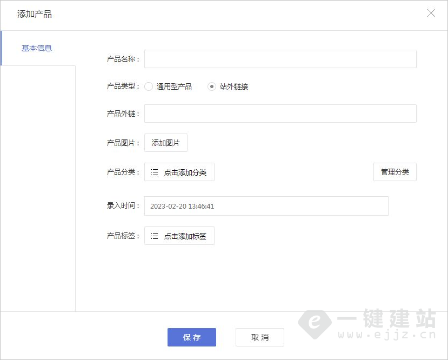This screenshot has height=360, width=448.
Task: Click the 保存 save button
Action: pos(191,337)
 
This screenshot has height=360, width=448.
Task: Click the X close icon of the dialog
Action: pos(431,14)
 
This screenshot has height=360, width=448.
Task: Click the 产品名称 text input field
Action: pos(280,59)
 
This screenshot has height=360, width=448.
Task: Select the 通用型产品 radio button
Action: pos(149,86)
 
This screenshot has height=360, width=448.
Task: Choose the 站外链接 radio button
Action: pos(212,86)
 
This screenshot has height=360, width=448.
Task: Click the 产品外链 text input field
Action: pos(280,114)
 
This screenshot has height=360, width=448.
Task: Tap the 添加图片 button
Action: pos(165,143)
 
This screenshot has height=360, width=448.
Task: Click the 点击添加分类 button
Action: pos(179,172)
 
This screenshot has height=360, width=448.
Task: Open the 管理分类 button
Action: pos(394,172)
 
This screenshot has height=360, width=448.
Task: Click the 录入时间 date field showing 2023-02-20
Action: pos(266,206)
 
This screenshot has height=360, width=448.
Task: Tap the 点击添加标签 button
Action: pos(179,236)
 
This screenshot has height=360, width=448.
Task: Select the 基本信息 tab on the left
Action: pos(37,48)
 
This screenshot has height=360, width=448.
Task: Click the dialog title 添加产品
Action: pos(35,14)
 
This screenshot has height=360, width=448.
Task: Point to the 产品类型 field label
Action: pos(122,86)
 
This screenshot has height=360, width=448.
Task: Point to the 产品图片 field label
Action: pos(122,143)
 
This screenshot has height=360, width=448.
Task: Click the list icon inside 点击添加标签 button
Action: pos(154,236)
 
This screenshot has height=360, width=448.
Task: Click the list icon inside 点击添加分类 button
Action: pos(154,172)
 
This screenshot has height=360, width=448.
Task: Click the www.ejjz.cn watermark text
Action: pos(387,335)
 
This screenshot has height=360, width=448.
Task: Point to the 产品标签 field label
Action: pos(122,236)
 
